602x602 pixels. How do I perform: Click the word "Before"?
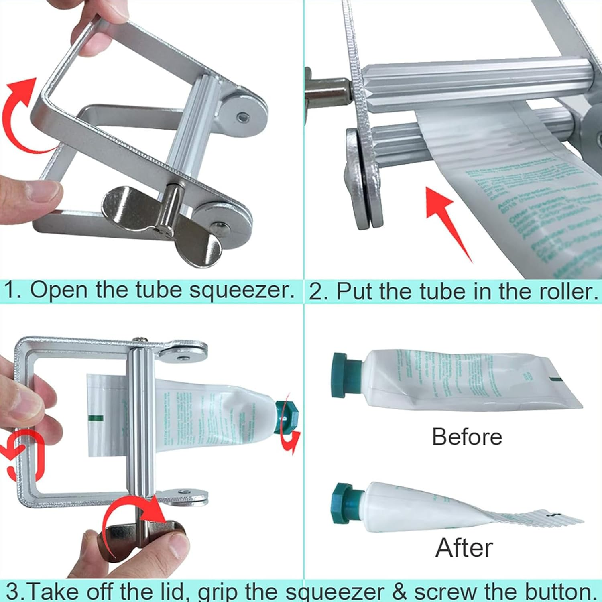[467, 437]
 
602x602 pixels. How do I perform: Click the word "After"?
[464, 547]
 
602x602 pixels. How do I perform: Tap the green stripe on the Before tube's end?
[555, 379]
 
